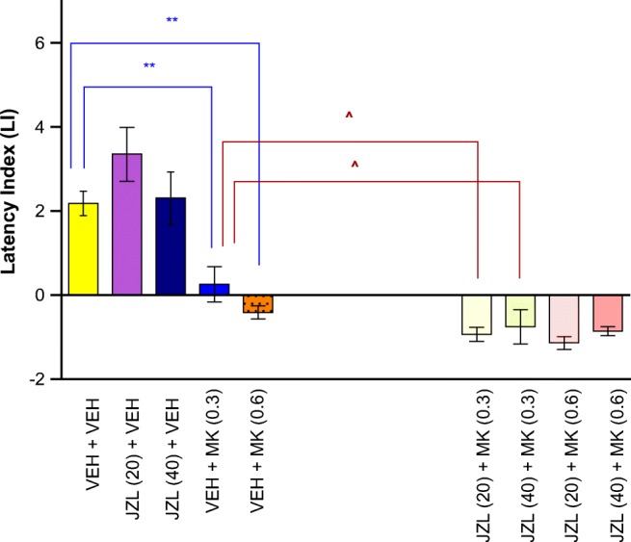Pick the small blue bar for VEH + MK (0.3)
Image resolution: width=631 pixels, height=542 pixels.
pos(213,289)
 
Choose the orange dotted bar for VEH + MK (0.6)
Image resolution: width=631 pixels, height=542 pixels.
pos(257,304)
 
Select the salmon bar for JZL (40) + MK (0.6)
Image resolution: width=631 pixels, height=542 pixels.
pos(608,313)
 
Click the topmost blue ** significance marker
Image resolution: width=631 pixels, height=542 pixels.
pos(171,20)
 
